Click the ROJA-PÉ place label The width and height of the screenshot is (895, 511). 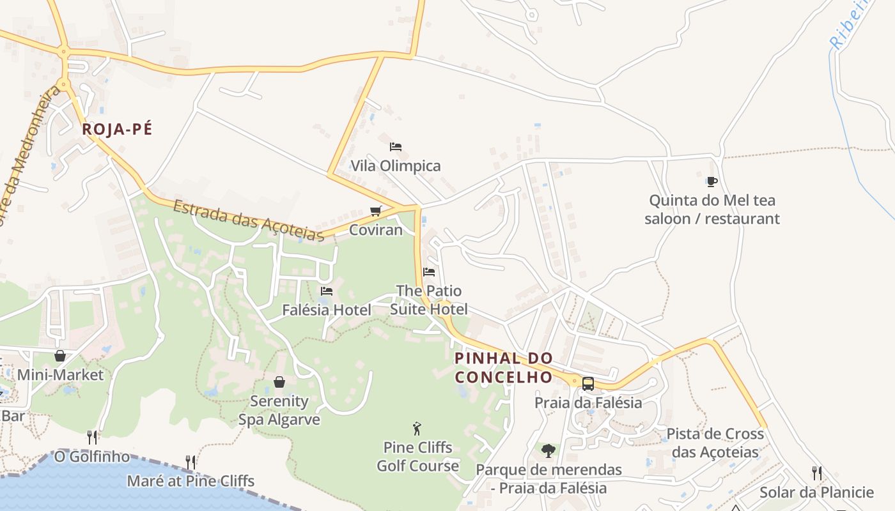click(x=118, y=129)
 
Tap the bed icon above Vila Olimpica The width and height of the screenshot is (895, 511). click(x=396, y=146)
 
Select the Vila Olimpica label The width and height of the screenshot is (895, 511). click(x=396, y=166)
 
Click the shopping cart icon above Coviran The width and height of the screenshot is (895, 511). click(x=376, y=211)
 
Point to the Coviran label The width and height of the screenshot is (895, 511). click(x=376, y=230)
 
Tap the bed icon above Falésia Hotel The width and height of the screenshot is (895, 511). click(x=327, y=291)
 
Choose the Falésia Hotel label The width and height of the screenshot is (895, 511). click(x=327, y=310)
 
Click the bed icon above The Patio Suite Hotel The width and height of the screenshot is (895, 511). click(x=429, y=271)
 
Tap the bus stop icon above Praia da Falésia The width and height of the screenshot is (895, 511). click(x=588, y=384)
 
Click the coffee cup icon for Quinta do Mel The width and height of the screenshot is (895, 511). click(x=712, y=182)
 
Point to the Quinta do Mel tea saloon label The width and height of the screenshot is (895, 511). click(x=712, y=210)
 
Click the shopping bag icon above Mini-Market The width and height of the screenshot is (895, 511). click(x=60, y=356)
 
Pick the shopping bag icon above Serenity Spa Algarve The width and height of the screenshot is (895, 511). click(x=279, y=382)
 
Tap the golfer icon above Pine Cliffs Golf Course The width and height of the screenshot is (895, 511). click(x=417, y=429)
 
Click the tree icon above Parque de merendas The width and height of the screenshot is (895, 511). click(x=549, y=451)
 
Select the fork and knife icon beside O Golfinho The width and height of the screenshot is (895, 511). click(x=93, y=438)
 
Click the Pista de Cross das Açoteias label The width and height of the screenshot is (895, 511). click(x=715, y=443)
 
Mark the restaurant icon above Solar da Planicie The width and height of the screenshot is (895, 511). click(x=817, y=473)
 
